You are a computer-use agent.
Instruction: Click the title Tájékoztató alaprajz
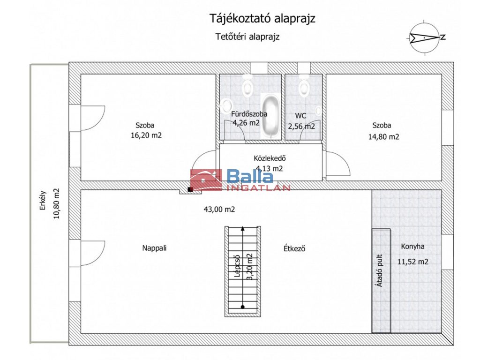(x=262, y=19)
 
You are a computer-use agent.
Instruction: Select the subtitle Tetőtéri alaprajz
(x=247, y=37)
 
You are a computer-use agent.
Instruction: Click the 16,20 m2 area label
(x=146, y=135)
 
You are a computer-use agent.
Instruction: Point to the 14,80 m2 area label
(x=383, y=137)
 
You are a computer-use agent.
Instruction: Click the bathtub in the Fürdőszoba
(x=270, y=116)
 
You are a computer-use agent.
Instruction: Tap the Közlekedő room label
(x=270, y=158)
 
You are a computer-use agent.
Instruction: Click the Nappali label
(x=154, y=248)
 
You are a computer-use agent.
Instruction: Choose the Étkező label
(x=294, y=248)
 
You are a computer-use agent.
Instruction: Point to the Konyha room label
(x=412, y=247)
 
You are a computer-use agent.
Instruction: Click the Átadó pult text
(x=380, y=270)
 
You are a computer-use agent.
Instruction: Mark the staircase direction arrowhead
(x=243, y=228)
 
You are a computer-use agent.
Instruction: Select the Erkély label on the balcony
(x=43, y=201)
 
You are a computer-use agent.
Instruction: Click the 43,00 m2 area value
(x=219, y=210)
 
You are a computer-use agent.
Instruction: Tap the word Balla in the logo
(x=250, y=176)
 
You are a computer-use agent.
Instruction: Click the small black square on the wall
(x=190, y=189)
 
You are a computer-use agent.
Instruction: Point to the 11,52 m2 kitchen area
(x=412, y=262)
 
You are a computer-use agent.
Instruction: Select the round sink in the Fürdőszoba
(x=226, y=105)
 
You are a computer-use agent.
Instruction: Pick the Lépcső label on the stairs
(x=237, y=266)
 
